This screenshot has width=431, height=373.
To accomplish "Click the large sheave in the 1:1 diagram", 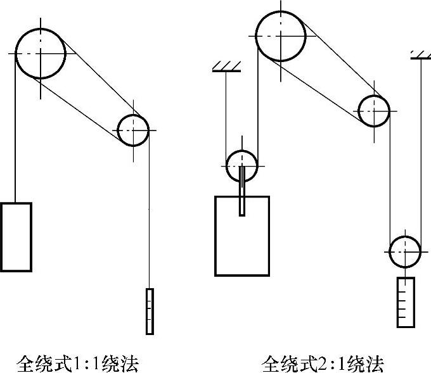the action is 41,54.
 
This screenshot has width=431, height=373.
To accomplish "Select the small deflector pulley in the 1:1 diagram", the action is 133,130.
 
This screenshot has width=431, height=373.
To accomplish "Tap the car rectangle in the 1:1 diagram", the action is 16,236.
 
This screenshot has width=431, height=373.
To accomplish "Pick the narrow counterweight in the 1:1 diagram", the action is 150,311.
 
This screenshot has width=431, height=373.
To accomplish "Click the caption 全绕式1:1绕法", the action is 77,364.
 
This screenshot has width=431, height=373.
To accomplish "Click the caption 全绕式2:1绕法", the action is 323,364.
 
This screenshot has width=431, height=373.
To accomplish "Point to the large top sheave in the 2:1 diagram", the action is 281,36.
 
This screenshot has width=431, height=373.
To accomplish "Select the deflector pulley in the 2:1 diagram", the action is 373,111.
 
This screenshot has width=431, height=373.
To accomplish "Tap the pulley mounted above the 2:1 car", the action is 242,165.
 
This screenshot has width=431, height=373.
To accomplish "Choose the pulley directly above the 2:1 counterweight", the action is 405,251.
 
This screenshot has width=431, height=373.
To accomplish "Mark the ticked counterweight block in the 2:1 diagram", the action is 406,302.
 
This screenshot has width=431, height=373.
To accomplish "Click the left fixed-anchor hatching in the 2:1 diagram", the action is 226,66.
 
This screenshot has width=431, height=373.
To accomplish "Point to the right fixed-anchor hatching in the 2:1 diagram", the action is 420,54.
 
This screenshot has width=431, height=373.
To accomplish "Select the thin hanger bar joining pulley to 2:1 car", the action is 242,193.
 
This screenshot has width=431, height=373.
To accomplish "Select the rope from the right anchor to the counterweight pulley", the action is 420,152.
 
